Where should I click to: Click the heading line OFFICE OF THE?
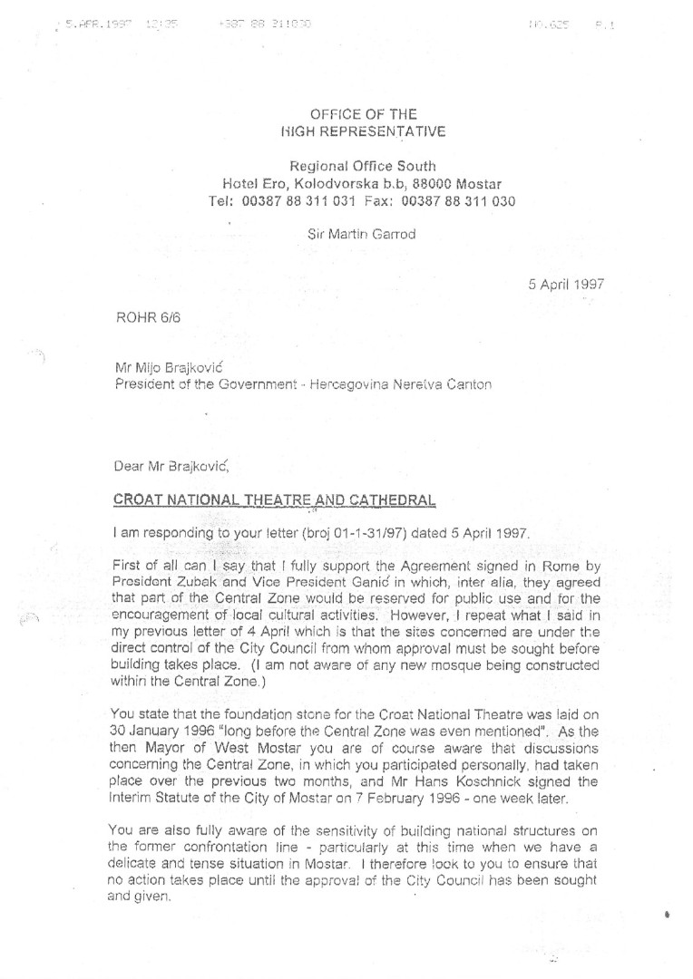click(x=350, y=115)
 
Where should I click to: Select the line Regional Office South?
click(x=362, y=165)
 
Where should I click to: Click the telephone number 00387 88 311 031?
click(x=296, y=200)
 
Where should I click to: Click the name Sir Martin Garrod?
click(x=362, y=234)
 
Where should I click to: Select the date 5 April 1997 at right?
click(x=567, y=283)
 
